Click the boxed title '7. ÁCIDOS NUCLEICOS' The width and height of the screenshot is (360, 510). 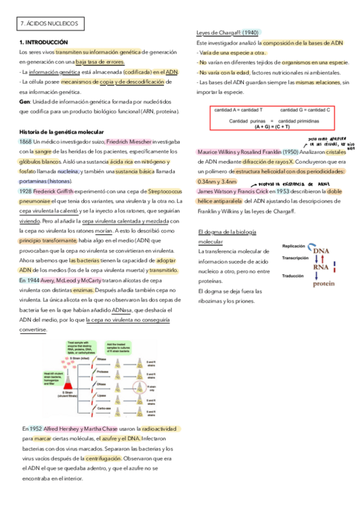click(x=50, y=23)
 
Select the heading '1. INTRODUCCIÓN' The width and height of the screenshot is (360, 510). click(x=44, y=43)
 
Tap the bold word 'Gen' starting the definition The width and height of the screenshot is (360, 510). click(x=25, y=102)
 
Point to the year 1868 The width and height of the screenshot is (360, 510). click(x=26, y=141)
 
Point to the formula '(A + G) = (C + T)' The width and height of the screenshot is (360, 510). click(x=272, y=127)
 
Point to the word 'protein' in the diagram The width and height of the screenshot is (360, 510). click(x=324, y=283)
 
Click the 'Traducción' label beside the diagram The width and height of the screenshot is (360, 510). click(x=294, y=275)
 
